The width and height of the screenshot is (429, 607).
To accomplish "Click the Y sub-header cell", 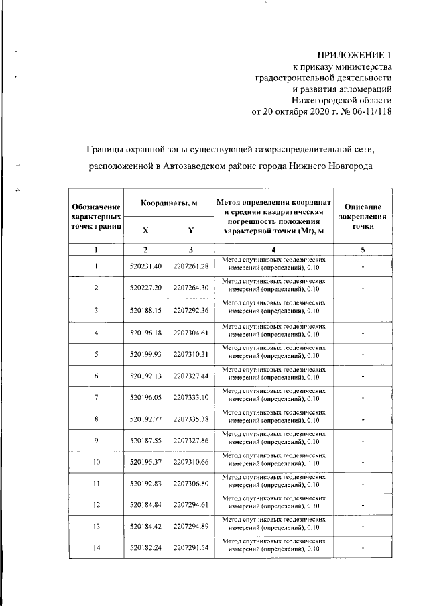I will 191,230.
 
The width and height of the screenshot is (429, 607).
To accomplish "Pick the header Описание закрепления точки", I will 362,217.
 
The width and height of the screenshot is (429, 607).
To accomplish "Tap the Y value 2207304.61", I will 191,332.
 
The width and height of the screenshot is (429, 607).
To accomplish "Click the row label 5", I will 97,354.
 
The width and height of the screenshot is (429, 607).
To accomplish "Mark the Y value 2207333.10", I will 191,398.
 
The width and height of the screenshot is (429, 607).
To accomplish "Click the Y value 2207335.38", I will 191,420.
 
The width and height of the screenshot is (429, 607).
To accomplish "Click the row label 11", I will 97,483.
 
